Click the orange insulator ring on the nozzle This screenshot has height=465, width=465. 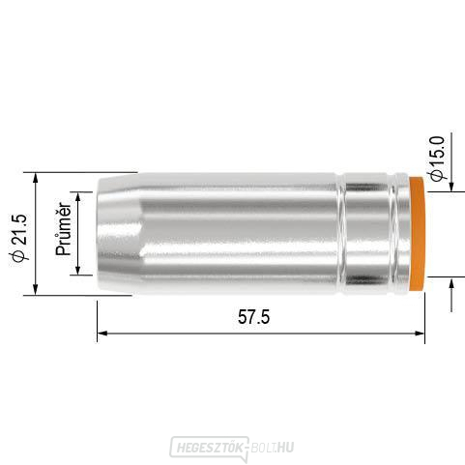[417, 233]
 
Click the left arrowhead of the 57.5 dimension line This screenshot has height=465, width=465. [102, 334]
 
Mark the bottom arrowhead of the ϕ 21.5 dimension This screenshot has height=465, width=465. [36, 289]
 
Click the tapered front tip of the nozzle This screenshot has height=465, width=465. [116, 233]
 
